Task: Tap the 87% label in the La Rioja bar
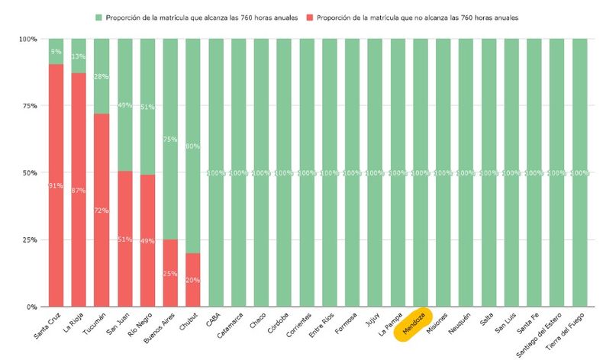point(79,190)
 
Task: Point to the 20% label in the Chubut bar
point(193,280)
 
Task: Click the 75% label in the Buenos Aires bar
point(170,140)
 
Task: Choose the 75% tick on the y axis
point(28,106)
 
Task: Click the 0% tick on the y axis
point(31,307)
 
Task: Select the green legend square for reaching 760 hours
point(98,17)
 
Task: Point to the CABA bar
point(216,173)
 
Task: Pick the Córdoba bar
point(284,173)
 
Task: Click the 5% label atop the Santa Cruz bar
point(56,52)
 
